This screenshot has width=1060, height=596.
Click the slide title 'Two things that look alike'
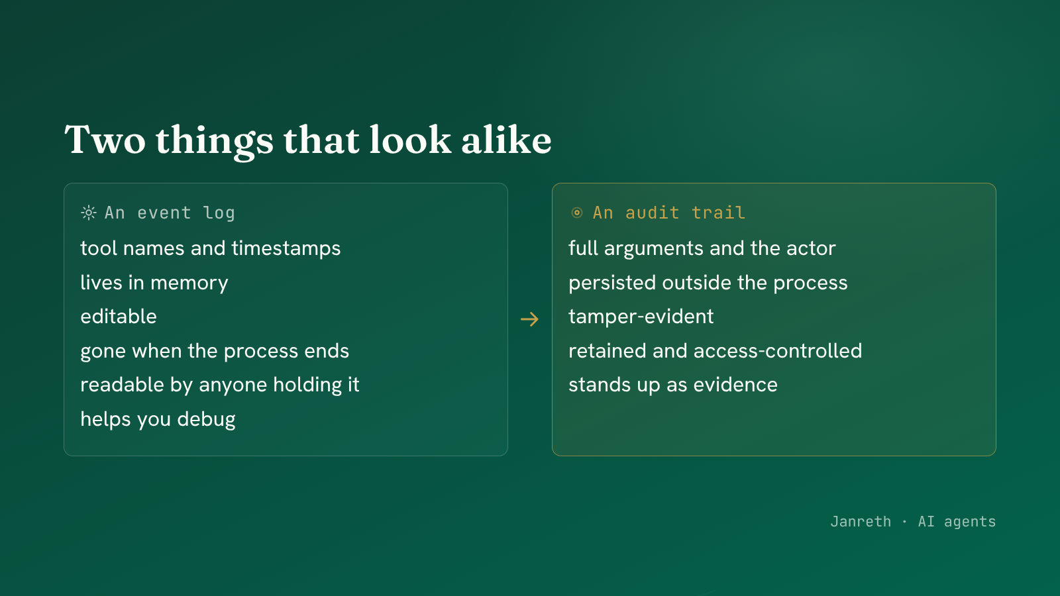tap(308, 140)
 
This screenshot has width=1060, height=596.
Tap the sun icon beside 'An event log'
tap(89, 213)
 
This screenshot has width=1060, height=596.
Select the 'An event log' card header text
tap(170, 213)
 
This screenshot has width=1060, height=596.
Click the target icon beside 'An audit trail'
tap(576, 213)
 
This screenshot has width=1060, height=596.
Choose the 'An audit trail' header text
tap(669, 213)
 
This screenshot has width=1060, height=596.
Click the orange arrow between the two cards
tap(529, 319)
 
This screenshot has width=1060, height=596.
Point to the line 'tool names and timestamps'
tap(211, 248)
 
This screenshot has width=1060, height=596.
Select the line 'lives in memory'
tap(154, 283)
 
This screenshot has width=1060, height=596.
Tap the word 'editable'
tap(119, 317)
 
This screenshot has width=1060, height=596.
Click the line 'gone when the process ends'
tap(215, 351)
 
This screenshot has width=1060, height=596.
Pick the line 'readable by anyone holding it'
tap(220, 385)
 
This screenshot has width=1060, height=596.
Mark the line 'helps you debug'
tap(158, 420)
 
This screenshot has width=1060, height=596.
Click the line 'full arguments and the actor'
tap(702, 248)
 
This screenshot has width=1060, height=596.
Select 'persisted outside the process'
tap(708, 283)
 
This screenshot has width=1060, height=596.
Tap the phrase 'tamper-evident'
tap(641, 317)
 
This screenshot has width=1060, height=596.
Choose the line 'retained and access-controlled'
tap(715, 351)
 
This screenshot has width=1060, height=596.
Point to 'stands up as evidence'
tap(673, 385)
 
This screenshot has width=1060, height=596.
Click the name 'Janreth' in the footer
tap(861, 522)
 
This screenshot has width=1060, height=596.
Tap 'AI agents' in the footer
tap(957, 522)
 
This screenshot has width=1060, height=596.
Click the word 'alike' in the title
tap(506, 140)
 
